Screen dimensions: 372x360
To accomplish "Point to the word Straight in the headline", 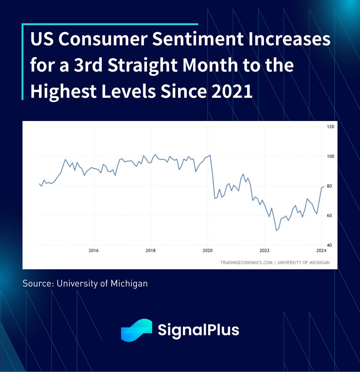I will tap(143, 66).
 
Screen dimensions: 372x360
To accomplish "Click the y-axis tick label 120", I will tap(331, 127).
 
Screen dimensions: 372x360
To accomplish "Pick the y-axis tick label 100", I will tap(331, 157).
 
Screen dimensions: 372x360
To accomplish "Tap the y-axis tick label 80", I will tap(330, 186).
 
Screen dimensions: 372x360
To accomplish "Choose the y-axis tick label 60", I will tap(330, 216).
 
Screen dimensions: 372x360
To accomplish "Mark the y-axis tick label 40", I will tap(330, 245).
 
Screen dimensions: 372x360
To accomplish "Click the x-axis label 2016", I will tap(93, 251).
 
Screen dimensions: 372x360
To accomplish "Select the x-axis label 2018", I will tap(150, 251).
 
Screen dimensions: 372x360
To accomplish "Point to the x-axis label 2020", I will tap(208, 251).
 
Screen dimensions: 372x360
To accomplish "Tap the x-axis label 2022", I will tap(265, 251).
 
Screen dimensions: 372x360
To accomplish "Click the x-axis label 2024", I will tap(321, 251).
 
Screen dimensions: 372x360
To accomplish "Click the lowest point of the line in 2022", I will tap(276, 230).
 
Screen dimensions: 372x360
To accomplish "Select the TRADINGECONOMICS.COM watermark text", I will tap(246, 263).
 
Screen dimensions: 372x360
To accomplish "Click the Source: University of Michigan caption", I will tap(85, 283).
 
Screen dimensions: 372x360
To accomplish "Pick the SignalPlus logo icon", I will tap(136, 330).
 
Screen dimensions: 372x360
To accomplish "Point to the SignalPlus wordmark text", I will tap(198, 330).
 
